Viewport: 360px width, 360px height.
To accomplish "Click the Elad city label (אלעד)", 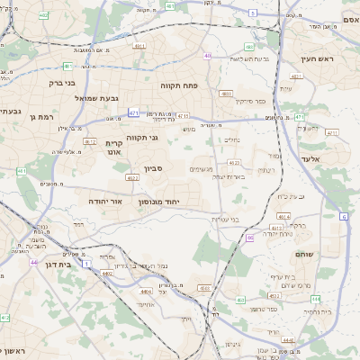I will point(334,158).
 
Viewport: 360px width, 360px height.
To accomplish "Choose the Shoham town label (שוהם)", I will point(304,255).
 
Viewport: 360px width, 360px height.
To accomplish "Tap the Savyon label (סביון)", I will point(153,168).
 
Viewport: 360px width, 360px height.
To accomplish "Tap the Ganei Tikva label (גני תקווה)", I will point(142,137).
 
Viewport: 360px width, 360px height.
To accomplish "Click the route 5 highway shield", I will point(253,13).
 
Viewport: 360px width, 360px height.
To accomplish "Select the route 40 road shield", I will point(208,55).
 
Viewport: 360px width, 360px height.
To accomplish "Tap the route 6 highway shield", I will point(344,217).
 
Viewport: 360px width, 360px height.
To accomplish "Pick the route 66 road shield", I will point(249,238).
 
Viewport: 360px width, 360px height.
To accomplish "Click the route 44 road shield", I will point(33,262).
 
